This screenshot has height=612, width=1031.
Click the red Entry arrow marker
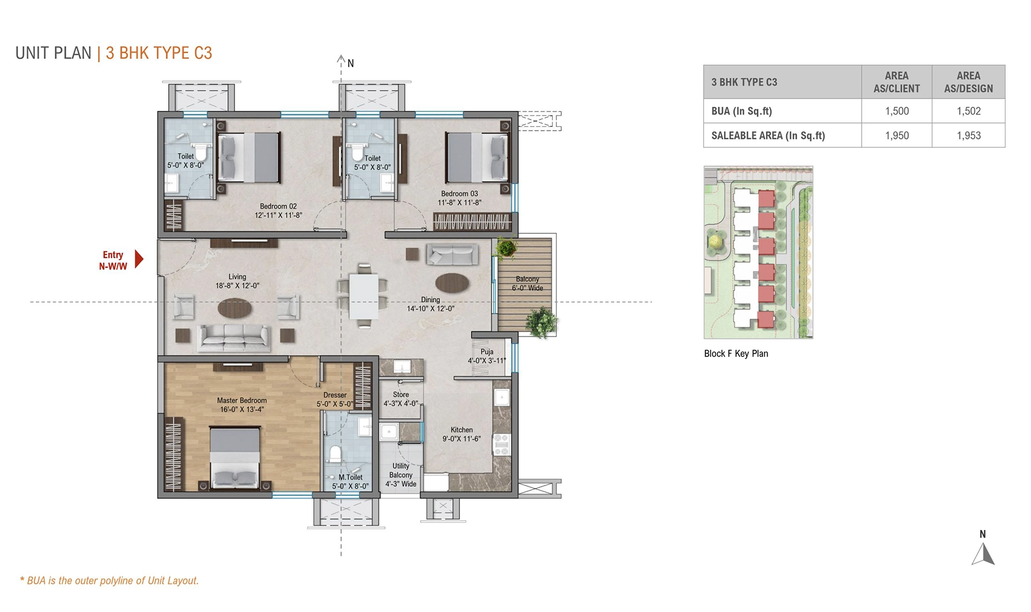pos(139,259)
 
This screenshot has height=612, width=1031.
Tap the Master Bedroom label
pos(242,401)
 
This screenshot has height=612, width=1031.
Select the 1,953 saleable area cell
pos(968,135)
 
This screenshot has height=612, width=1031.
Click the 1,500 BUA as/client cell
pos(896,111)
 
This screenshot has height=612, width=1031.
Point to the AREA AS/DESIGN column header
pos(968,82)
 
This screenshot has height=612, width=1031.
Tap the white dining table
pos(363,296)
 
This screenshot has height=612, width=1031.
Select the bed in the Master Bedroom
pos(235,458)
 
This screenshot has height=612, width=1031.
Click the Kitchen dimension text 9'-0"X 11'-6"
pos(461,439)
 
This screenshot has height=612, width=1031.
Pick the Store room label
pos(401,394)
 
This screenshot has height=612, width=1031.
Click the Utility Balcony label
pos(401,475)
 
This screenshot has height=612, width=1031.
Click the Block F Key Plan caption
pos(736,354)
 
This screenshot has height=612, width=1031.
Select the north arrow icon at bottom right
pos(983,554)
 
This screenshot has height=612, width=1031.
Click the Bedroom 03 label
pos(459,194)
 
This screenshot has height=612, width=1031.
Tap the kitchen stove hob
pos(502,444)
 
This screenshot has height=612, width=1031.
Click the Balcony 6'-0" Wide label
pos(527,283)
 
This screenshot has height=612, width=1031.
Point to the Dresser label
pos(335,395)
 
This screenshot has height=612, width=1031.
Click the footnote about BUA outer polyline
pos(109,581)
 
